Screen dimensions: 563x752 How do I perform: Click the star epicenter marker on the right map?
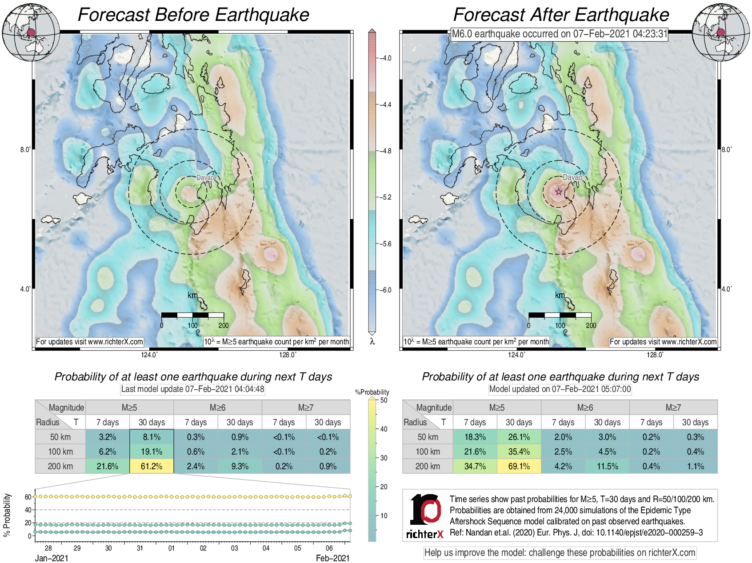[559, 192]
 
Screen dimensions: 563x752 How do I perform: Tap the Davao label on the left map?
[205, 178]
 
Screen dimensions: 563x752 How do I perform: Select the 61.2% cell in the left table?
[152, 466]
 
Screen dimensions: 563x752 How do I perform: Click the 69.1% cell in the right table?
[519, 466]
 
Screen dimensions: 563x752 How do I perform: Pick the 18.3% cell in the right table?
[475, 437]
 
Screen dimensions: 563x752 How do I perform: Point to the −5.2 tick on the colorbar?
[386, 197]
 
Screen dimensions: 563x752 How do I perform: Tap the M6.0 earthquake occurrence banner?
[560, 34]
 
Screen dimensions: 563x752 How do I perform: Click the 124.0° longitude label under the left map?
[149, 355]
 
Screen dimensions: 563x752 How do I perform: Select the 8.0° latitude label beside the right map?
[726, 150]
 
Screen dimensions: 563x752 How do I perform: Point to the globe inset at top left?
[31, 32]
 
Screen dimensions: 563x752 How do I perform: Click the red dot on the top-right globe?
[721, 32]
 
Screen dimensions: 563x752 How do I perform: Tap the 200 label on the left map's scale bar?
[224, 326]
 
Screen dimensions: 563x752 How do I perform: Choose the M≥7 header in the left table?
[306, 407]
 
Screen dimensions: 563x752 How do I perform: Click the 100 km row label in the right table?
[428, 451]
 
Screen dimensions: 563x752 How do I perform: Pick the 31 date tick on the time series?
[140, 548]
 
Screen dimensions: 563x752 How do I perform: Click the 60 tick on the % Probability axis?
[28, 497]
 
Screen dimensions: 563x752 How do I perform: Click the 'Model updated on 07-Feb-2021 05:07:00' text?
[560, 389]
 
